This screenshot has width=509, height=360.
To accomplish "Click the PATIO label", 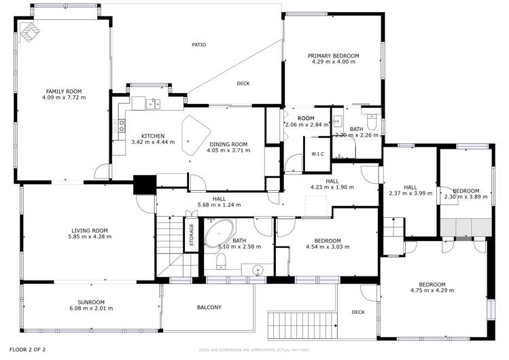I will pos(198,45).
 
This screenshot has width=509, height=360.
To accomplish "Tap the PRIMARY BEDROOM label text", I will pos(333,56).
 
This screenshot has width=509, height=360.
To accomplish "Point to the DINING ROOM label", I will pos(228,144).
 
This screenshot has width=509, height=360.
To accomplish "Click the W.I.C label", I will pos(317,154).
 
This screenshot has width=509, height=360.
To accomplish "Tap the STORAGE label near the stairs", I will pos(192,235).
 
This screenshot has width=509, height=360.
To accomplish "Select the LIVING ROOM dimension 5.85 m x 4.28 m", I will pos(90,236).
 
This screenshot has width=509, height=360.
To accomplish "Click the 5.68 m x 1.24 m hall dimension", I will pos(220,204).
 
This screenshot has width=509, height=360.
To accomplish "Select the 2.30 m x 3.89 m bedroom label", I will pos(466,191).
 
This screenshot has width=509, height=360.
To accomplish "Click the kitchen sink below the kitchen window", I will pos(152,104).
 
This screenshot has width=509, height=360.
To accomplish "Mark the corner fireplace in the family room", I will pos(29,31).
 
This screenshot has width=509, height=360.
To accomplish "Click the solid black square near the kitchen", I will pos(145,185).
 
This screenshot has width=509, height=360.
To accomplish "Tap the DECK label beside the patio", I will pos(243,84).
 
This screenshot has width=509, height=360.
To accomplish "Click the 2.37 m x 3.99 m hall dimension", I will pos(410,194).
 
